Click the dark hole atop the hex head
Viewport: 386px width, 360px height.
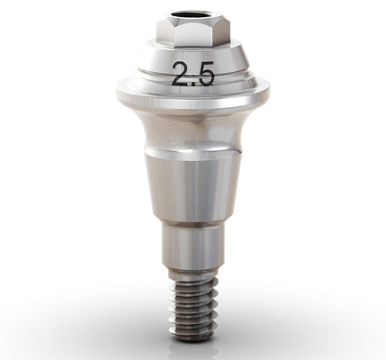(192, 15)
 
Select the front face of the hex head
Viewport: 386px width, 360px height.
(192, 33)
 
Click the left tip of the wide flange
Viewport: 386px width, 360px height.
(118, 90)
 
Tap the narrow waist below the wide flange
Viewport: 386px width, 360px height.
(192, 135)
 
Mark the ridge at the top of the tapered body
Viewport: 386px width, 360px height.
(192, 155)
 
